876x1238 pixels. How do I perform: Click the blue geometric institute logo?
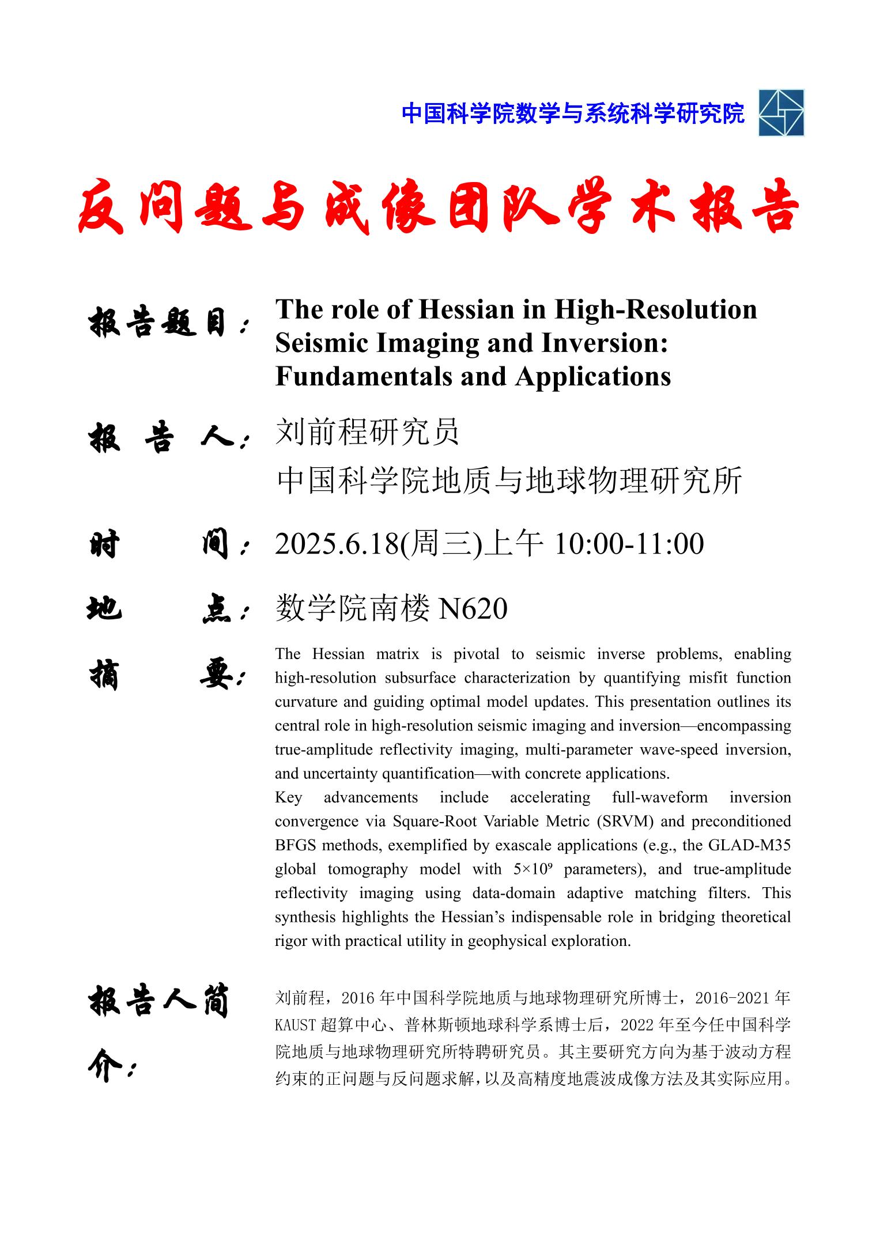(781, 113)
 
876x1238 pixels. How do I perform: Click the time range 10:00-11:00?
(629, 544)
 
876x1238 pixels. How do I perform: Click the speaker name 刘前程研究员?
(367, 432)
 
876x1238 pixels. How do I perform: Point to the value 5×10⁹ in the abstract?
(532, 869)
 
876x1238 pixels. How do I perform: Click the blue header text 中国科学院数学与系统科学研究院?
(573, 113)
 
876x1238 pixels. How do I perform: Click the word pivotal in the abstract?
(476, 654)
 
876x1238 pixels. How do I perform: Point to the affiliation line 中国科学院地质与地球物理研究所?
(509, 481)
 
